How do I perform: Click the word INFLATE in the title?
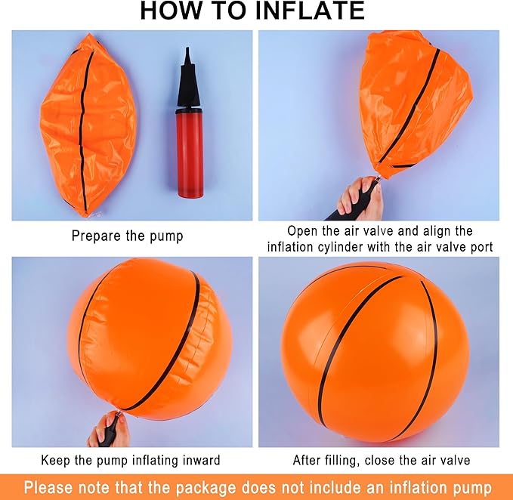310,11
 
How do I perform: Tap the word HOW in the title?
171,11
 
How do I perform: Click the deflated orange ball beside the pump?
88,125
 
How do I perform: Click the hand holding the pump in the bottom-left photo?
108,429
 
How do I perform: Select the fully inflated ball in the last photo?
375,352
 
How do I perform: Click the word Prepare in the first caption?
96,236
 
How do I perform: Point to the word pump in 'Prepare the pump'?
166,236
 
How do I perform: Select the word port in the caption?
481,248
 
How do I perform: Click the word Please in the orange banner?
48,488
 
